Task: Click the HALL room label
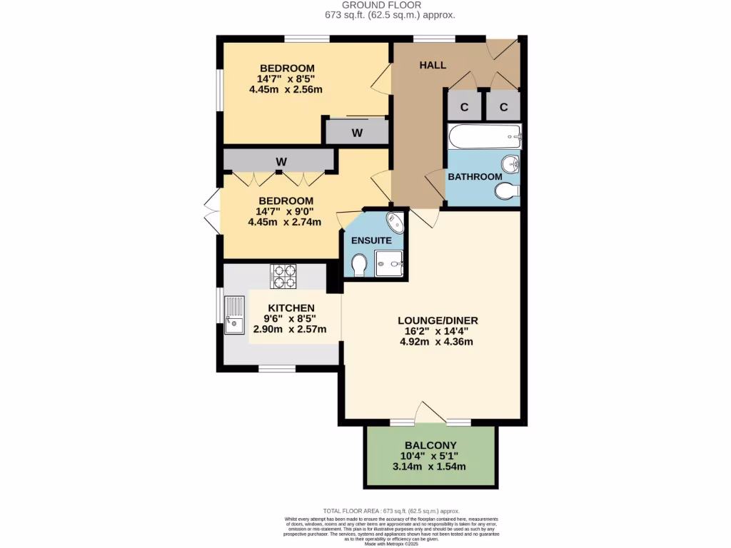point(433,65)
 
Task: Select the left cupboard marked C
point(464,107)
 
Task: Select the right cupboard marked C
point(503,107)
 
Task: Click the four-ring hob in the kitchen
point(283,276)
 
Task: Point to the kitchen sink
point(233,315)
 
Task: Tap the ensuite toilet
point(360,265)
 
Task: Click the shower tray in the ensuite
point(389,263)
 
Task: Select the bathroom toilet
point(508,191)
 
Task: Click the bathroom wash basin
point(510,163)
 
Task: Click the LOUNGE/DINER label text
point(438,320)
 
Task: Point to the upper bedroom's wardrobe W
point(357,132)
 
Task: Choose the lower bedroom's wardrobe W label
point(281,162)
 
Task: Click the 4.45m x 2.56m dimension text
point(286,90)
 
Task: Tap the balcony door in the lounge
point(430,413)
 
